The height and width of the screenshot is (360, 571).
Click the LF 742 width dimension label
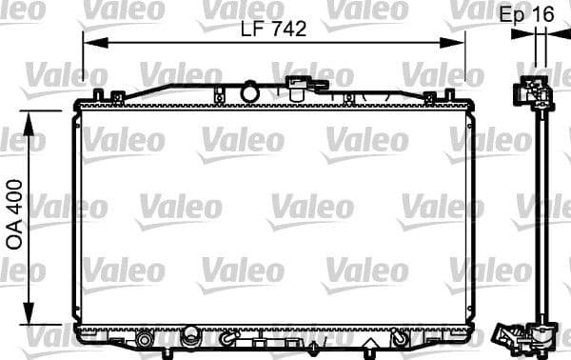[x=273, y=30]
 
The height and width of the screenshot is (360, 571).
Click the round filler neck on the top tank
[x=250, y=92]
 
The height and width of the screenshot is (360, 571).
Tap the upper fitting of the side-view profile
[x=534, y=92]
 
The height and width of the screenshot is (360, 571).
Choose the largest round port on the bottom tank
[x=191, y=337]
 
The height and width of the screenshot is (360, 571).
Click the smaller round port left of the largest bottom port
[x=145, y=339]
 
